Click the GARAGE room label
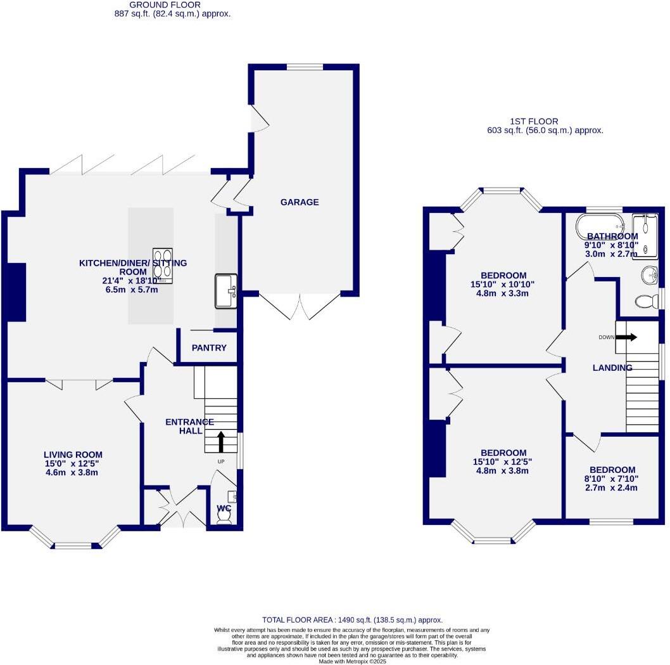tap(300, 202)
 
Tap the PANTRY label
tap(209, 348)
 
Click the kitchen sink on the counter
tap(225, 291)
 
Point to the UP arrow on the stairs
tap(221, 439)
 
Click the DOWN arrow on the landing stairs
tap(626, 337)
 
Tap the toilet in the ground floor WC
tap(224, 517)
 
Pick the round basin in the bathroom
tap(649, 275)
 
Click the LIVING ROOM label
tap(73, 455)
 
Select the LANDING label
tap(612, 368)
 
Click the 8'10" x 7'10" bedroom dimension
tap(610, 483)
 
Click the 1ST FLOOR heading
tap(534, 121)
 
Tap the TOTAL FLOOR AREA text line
tap(352, 620)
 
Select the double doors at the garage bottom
tap(300, 307)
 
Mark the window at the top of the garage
tap(305, 67)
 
